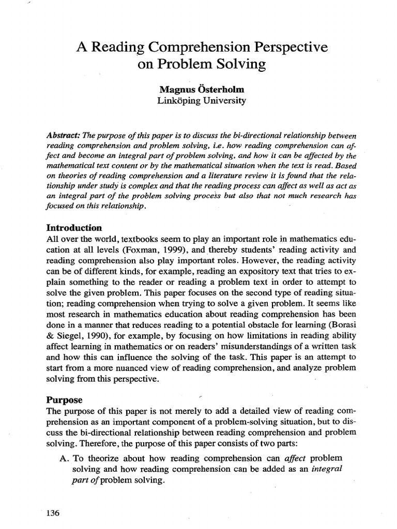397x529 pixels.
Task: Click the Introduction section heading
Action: [x=74, y=227]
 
